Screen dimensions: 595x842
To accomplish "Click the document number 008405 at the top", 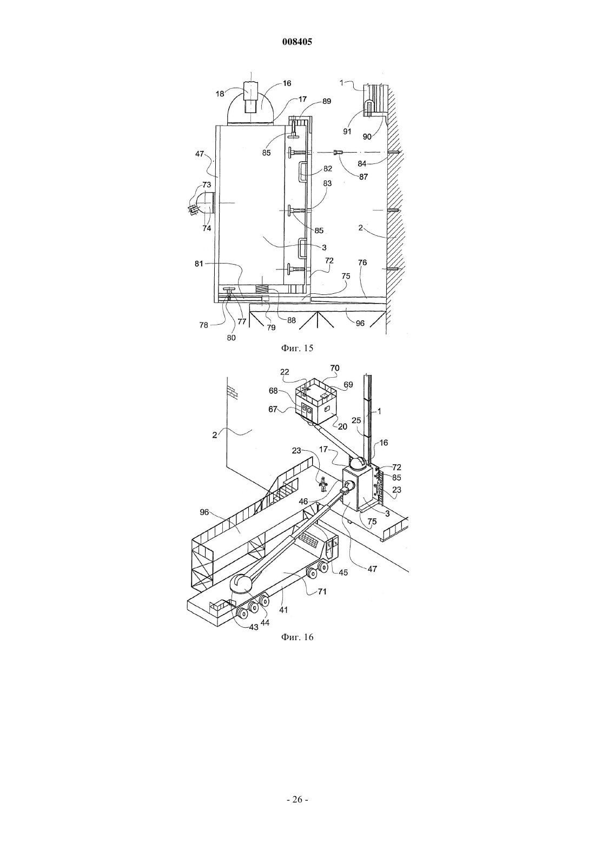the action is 297,42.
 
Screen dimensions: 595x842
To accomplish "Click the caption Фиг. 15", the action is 297,348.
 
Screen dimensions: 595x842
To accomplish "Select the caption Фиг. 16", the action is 297,637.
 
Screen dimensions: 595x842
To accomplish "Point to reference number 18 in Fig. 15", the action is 220,94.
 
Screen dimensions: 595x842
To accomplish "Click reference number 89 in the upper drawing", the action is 327,101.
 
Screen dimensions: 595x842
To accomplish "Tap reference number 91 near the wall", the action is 347,131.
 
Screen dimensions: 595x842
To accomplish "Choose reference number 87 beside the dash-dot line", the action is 363,176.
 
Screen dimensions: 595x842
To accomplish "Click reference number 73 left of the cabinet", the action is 207,185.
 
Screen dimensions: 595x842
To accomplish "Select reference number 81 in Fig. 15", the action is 199,264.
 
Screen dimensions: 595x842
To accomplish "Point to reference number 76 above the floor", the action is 362,262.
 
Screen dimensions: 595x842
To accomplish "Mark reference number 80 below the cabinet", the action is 232,338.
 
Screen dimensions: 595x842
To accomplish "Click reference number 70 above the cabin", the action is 335,368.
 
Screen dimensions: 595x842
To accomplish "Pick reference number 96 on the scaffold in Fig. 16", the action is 204,512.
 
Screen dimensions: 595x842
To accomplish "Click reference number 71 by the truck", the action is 322,591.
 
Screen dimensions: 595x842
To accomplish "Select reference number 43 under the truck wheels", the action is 254,627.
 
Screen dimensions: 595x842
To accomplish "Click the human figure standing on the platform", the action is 323,484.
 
